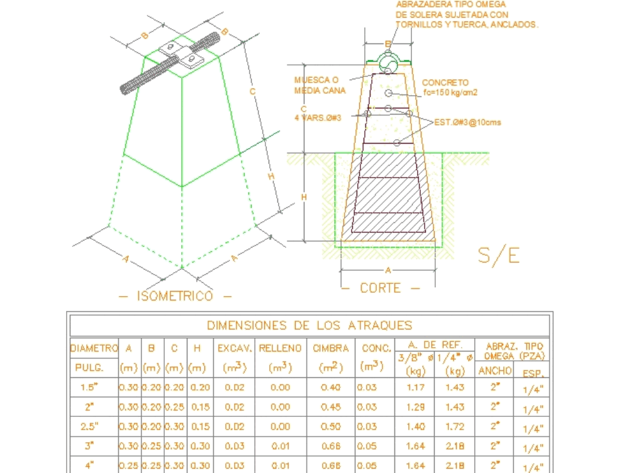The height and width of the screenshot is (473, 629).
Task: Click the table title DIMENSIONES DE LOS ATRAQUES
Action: [x=309, y=326]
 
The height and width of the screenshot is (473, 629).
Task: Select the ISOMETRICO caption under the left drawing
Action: [x=175, y=296]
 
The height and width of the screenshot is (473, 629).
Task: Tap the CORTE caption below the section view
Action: [x=380, y=288]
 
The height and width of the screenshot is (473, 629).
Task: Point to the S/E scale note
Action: [x=499, y=255]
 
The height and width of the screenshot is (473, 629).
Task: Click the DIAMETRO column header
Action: [x=94, y=348]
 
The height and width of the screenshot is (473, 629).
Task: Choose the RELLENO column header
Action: [x=280, y=348]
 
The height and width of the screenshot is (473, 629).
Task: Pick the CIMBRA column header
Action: [x=331, y=348]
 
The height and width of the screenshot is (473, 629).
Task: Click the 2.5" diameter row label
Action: [x=89, y=426]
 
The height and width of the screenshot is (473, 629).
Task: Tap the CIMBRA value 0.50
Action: [x=331, y=426]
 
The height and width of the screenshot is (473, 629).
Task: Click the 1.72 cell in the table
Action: [x=455, y=426]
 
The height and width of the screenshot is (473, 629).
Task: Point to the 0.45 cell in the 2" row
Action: [x=331, y=407]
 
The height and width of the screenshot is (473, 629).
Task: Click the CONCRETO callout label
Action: [x=445, y=83]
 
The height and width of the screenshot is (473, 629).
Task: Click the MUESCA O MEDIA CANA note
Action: [x=320, y=85]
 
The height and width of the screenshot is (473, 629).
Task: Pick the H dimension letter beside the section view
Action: [x=303, y=197]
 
